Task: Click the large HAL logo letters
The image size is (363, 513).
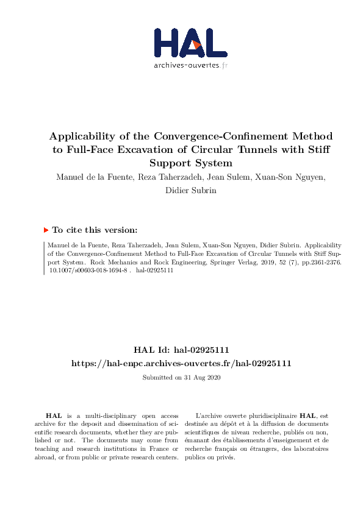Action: coord(190,42)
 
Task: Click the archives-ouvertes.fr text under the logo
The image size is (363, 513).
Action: coord(190,65)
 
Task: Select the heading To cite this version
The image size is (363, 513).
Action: coord(95,230)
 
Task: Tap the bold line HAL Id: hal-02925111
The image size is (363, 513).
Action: coord(181,351)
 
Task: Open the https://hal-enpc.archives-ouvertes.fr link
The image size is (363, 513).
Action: coord(181,363)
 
